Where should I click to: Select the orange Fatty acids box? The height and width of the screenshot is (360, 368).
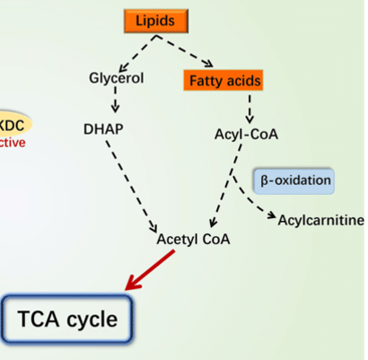[224, 81]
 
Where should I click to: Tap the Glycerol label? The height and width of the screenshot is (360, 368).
[118, 77]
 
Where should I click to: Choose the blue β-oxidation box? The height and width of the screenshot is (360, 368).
[295, 180]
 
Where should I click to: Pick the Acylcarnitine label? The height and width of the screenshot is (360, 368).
[320, 220]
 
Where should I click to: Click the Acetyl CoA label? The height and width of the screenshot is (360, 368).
[193, 241]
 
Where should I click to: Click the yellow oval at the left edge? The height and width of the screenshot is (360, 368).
[13, 124]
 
